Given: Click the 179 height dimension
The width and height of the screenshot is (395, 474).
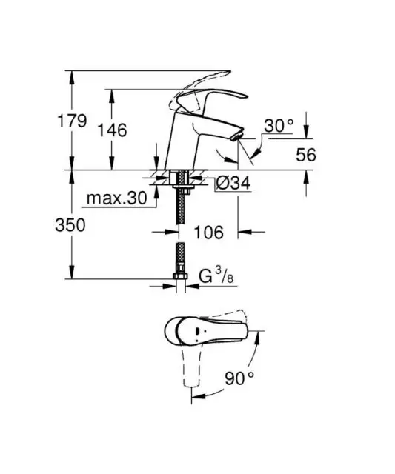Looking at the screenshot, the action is tap(72, 121).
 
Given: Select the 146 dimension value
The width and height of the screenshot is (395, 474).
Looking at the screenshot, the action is tap(112, 130).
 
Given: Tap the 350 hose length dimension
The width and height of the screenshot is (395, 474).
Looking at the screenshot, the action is tap(70, 225).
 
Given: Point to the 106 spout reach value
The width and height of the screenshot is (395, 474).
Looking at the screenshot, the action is tap(209, 232).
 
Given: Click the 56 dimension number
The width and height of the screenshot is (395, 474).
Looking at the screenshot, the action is tap(306, 155).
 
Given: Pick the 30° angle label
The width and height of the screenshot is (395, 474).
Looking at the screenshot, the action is tap(279, 126).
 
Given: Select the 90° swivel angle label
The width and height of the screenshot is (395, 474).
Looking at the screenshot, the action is tap(239, 378).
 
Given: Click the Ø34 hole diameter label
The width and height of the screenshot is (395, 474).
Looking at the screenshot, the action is tap(233, 183).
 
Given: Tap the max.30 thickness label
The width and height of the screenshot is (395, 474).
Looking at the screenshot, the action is tap(117, 198).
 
